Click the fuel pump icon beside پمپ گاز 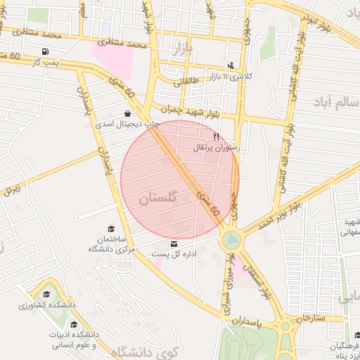[46, 51]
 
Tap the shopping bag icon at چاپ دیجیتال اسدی [127, 112]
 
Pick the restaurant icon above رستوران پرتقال [216, 136]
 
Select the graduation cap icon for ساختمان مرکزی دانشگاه [110, 229]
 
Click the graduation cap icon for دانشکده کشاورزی [46, 295]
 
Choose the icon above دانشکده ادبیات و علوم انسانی [74, 324]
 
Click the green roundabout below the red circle [230, 241]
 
